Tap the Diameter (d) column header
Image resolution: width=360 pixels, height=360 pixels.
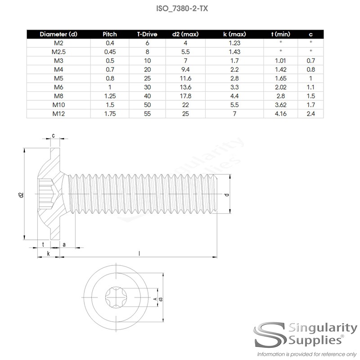58,34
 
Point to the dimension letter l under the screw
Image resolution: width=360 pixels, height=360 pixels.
139,253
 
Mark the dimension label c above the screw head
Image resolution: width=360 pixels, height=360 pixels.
54,135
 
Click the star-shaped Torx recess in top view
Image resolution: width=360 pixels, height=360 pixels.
117,297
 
